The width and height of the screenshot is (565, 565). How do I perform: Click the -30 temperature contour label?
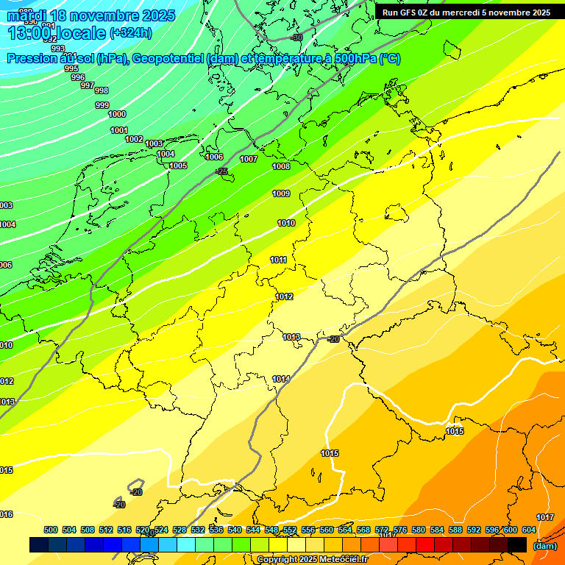click(296, 38)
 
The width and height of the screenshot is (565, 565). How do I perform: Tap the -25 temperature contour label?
click(221, 171)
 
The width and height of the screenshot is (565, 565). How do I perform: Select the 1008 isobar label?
click(281, 167)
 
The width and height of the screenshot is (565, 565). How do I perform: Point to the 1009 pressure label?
click(281, 194)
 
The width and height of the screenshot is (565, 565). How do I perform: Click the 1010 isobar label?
click(286, 224)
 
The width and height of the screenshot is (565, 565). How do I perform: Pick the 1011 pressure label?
click(278, 260)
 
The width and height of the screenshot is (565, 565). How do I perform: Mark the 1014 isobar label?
click(281, 379)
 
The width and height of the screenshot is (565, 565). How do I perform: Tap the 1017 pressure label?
click(545, 518)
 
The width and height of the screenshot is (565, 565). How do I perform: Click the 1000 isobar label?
click(117, 114)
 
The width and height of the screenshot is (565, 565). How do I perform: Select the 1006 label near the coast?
click(214, 157)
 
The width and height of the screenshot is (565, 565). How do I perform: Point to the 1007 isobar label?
click(249, 159)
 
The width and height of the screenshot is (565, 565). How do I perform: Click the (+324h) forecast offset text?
click(130, 33)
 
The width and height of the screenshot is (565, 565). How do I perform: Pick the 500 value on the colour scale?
click(51, 530)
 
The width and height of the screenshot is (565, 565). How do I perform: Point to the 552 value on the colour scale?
click(289, 530)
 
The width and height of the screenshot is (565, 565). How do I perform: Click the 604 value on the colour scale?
click(529, 530)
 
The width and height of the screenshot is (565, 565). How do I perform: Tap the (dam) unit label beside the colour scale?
click(544, 546)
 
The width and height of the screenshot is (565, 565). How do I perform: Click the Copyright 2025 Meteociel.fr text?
click(311, 559)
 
